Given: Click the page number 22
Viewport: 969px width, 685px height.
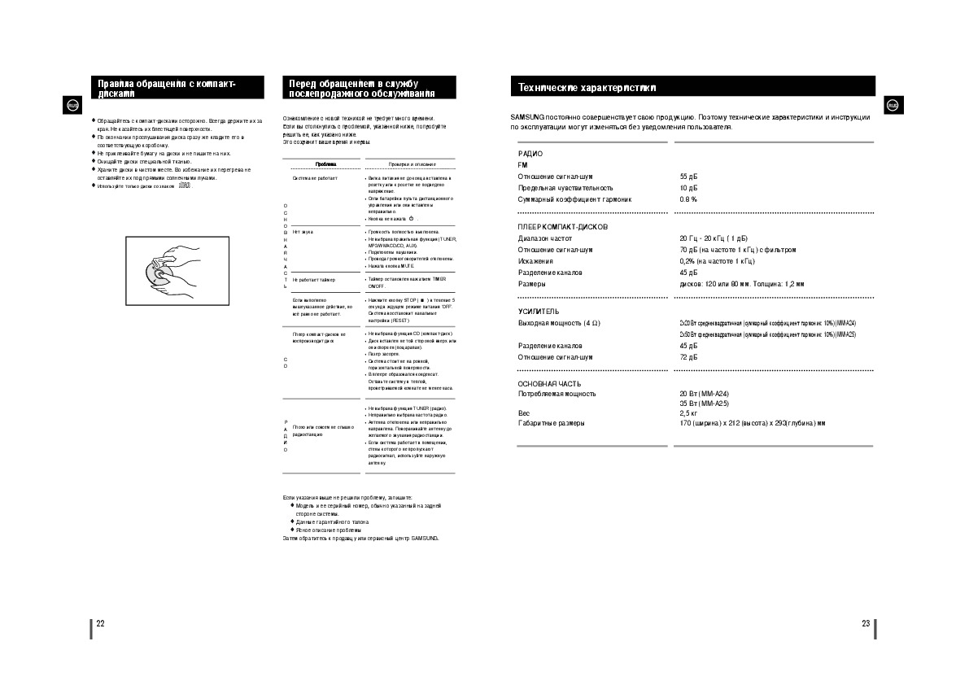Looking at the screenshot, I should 100,624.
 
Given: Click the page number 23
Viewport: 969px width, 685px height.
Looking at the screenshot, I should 866,624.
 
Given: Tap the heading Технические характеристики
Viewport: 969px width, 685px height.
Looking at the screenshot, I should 587,87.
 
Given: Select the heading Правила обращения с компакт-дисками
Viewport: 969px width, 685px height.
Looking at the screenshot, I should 167,88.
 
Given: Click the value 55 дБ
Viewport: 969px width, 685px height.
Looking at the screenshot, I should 688,177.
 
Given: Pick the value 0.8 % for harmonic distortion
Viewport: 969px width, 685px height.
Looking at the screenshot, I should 688,199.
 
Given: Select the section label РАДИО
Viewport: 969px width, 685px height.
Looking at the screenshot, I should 530,154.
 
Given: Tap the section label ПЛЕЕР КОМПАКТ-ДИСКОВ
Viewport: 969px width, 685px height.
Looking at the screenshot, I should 563,227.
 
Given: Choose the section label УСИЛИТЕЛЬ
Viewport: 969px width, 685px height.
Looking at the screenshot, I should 539,312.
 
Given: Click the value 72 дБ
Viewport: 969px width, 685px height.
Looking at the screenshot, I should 688,357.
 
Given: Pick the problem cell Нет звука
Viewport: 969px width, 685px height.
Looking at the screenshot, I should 303,232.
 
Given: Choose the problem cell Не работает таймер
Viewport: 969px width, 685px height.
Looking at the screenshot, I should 314,279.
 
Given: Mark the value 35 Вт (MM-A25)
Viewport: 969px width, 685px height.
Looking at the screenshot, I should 705,404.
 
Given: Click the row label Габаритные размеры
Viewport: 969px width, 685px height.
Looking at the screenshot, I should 551,423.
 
